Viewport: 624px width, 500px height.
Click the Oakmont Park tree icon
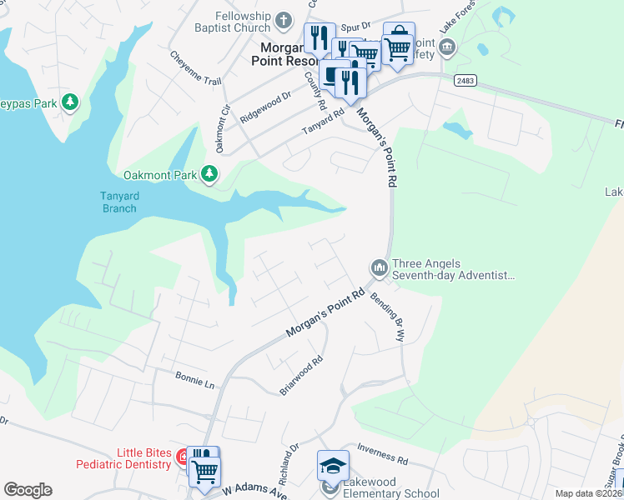point(209,174)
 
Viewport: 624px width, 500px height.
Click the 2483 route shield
point(465,81)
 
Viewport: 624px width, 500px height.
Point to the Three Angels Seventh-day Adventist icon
point(379,267)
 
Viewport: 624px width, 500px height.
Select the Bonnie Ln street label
point(195,380)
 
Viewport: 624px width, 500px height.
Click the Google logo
point(28,490)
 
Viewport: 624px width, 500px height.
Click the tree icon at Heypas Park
point(71,102)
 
